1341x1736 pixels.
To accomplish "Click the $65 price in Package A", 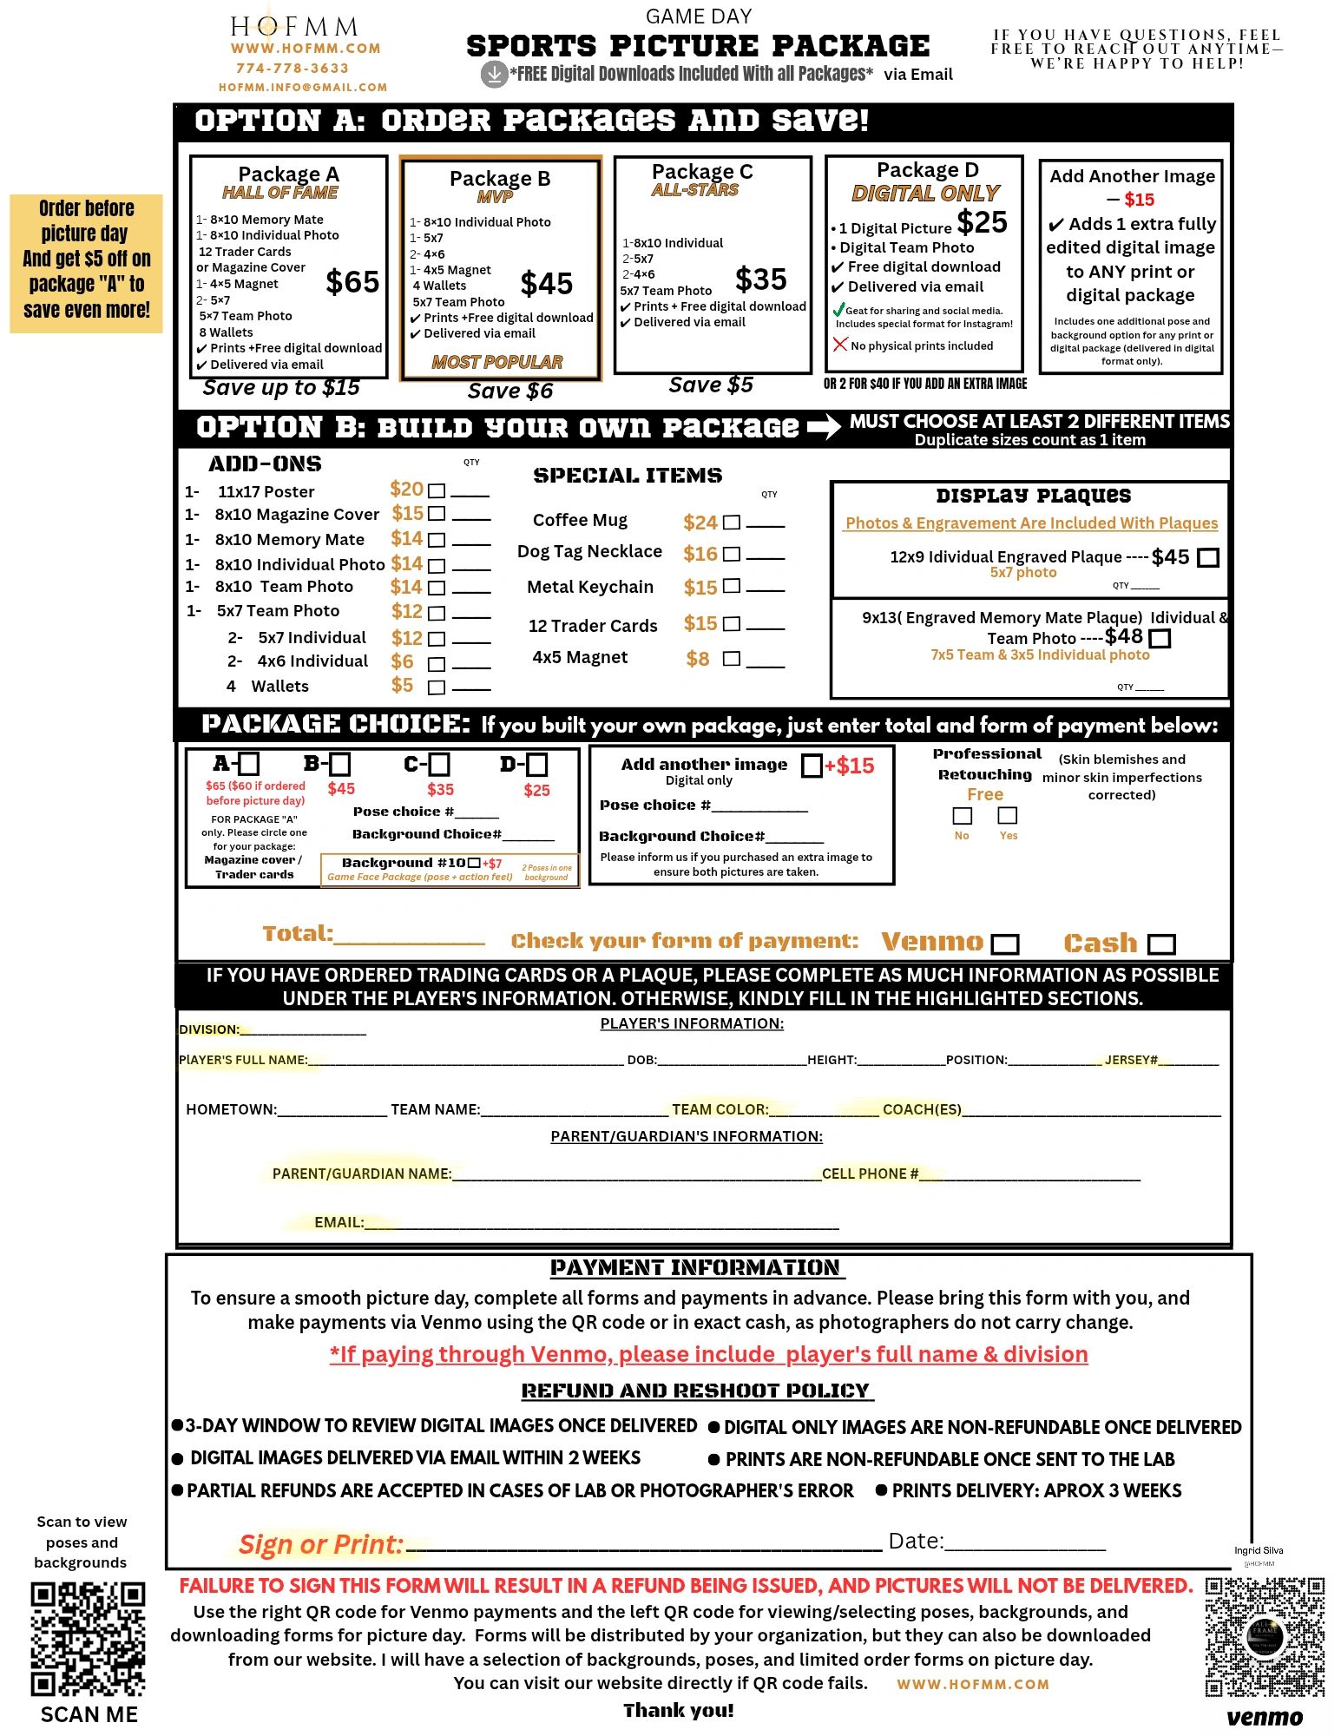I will pyautogui.click(x=352, y=282).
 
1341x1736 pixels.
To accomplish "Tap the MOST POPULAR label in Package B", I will pyautogui.click(x=497, y=362).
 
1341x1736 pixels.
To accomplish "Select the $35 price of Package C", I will pyautogui.click(x=760, y=279).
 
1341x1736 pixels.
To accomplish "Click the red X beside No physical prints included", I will pyautogui.click(x=839, y=345).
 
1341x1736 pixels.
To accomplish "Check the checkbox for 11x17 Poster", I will pyautogui.click(x=437, y=491).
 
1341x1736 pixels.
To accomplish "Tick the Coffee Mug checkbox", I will pyautogui.click(x=732, y=523).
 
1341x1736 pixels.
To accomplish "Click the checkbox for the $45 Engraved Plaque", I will pyautogui.click(x=1207, y=557).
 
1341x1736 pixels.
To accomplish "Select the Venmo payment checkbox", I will pyautogui.click(x=1005, y=944).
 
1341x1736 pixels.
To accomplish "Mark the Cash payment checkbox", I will pyautogui.click(x=1161, y=944).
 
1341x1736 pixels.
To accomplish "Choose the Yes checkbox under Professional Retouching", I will pyautogui.click(x=1008, y=815).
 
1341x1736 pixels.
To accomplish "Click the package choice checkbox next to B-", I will pyautogui.click(x=340, y=765).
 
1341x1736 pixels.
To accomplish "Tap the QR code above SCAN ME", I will pyautogui.click(x=88, y=1638).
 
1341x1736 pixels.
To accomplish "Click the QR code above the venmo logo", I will pyautogui.click(x=1265, y=1636).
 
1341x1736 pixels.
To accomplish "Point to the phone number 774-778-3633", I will pyautogui.click(x=293, y=68).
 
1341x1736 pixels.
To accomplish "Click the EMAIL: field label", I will pyautogui.click(x=339, y=1222).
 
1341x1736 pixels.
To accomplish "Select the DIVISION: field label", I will pyautogui.click(x=209, y=1029).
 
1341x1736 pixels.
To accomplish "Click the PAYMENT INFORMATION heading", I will pyautogui.click(x=695, y=1268).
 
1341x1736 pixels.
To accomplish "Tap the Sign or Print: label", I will pyautogui.click(x=321, y=1544).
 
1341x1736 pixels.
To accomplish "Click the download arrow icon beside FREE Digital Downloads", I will pyautogui.click(x=494, y=74).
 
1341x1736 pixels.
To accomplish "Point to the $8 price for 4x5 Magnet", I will pyautogui.click(x=698, y=659).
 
